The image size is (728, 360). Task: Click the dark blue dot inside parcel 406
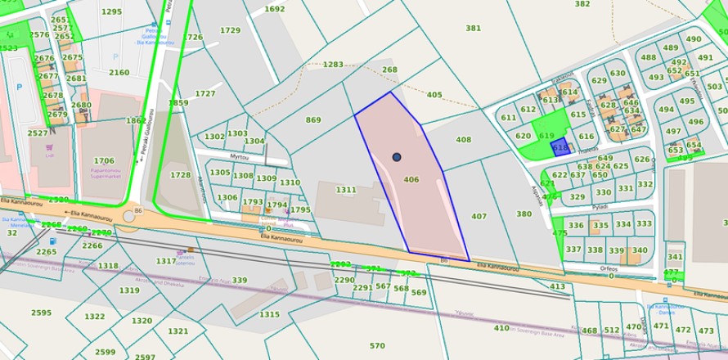tap(397, 156)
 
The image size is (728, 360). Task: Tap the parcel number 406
tap(411, 180)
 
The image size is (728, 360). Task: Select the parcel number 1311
tap(346, 190)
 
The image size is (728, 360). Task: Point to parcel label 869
tap(313, 120)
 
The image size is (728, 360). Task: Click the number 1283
tap(333, 64)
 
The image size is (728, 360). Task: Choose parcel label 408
tap(464, 140)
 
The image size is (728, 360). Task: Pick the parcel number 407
tap(479, 216)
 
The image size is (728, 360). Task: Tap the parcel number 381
tap(473, 28)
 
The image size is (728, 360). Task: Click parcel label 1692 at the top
tap(275, 9)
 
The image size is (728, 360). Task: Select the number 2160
tap(119, 72)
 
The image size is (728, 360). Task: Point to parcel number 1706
tap(104, 161)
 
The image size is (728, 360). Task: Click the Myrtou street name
tap(239, 155)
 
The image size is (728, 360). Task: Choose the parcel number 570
tap(377, 346)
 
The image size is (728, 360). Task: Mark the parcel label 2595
tap(41, 313)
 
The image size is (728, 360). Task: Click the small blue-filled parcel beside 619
tap(560, 147)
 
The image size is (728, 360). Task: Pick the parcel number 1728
tap(180, 175)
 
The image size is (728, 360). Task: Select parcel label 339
tap(239, 281)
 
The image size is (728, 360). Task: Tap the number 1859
tap(178, 103)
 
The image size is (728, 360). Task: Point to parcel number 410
tap(501, 328)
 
